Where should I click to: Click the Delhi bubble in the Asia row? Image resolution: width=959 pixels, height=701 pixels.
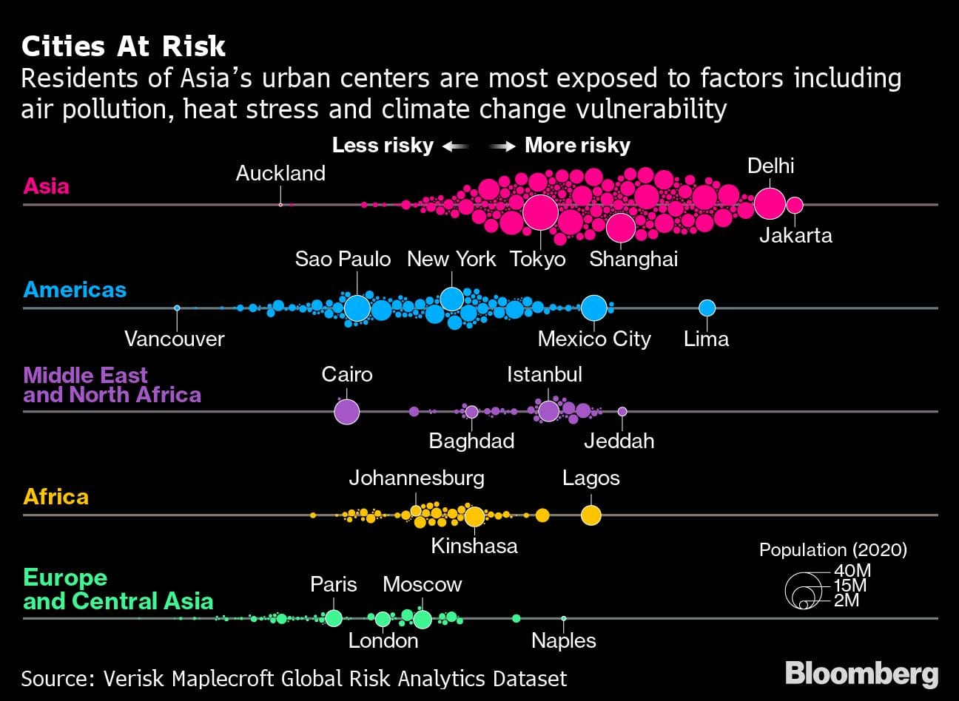click(x=770, y=203)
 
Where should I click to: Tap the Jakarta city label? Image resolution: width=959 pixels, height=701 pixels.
click(x=795, y=235)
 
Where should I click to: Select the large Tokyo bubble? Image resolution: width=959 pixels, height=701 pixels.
click(x=540, y=211)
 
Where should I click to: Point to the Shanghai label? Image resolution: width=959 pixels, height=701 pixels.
click(x=633, y=259)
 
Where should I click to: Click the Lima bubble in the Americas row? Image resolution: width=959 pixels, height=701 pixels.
click(x=707, y=308)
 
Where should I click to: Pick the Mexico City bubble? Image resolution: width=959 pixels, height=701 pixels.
click(x=593, y=308)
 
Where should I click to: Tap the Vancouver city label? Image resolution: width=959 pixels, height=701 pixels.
click(x=175, y=339)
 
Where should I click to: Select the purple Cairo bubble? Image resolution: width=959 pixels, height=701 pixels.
click(x=346, y=411)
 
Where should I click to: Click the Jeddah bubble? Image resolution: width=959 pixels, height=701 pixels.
click(x=622, y=411)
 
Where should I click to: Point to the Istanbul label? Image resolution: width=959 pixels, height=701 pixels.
click(x=545, y=374)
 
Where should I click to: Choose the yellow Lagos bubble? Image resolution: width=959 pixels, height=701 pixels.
click(x=590, y=515)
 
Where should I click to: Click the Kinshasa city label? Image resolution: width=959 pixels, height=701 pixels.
click(x=474, y=546)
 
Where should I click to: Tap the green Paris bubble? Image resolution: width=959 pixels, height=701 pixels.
click(x=334, y=618)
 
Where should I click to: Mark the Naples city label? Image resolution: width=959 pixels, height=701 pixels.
click(x=564, y=640)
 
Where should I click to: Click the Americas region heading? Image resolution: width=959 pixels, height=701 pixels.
click(x=75, y=289)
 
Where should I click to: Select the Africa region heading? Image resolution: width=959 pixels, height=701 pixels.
click(x=56, y=496)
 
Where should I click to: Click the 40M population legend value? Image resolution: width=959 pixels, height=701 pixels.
click(x=852, y=571)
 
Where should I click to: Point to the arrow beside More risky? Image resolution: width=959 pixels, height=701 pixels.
click(x=503, y=146)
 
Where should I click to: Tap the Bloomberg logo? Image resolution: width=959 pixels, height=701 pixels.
click(x=861, y=674)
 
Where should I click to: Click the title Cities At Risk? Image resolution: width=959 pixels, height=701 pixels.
click(x=124, y=47)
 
